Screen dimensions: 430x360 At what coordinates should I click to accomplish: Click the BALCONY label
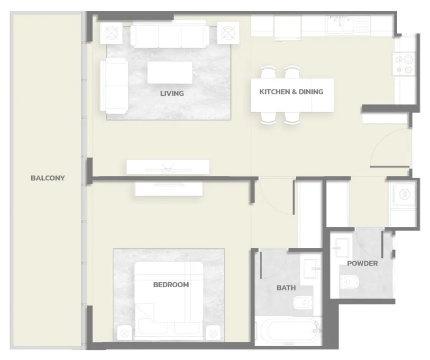pyautogui.click(x=48, y=178)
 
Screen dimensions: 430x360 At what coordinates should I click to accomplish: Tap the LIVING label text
pyautogui.click(x=172, y=94)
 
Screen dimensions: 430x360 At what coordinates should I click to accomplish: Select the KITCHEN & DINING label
pyautogui.click(x=291, y=92)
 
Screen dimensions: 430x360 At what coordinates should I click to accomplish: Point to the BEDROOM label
pyautogui.click(x=171, y=285)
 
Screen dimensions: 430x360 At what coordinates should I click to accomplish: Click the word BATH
pyautogui.click(x=286, y=288)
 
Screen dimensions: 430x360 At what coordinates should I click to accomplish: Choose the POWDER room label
pyautogui.click(x=362, y=263)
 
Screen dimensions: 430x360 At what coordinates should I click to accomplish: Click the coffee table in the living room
pyautogui.click(x=170, y=72)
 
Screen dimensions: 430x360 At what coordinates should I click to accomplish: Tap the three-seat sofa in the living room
pyautogui.click(x=169, y=36)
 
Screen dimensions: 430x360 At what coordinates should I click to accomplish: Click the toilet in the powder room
pyautogui.click(x=350, y=282)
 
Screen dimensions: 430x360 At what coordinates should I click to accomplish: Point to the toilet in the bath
pyautogui.click(x=303, y=303)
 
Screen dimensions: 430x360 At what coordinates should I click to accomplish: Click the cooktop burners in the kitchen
pyautogui.click(x=404, y=64)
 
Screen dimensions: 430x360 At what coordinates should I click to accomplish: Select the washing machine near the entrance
pyautogui.click(x=404, y=195)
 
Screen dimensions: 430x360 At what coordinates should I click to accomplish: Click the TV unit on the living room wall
pyautogui.click(x=168, y=167)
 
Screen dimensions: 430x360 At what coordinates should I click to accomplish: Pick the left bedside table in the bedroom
pyautogui.click(x=124, y=334)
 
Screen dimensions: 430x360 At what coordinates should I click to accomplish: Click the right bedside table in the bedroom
pyautogui.click(x=213, y=334)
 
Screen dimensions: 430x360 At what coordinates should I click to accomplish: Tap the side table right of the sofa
pyautogui.click(x=228, y=33)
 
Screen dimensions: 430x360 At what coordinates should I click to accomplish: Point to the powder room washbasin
pyautogui.click(x=342, y=248)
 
